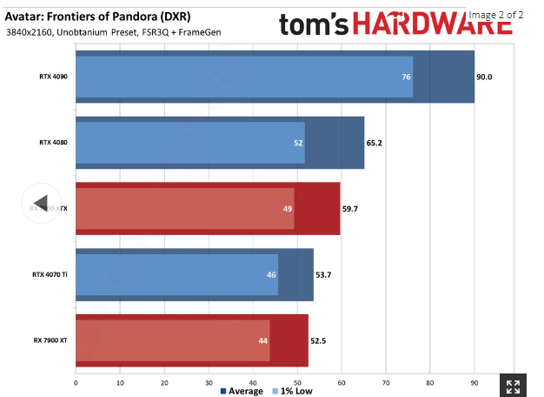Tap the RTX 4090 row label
pyautogui.click(x=53, y=77)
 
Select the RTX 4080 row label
pyautogui.click(x=53, y=142)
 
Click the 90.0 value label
pyautogui.click(x=485, y=77)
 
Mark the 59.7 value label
pyautogui.click(x=350, y=208)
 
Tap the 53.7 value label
pyautogui.click(x=323, y=273)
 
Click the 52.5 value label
pyautogui.click(x=318, y=340)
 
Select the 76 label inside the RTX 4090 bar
pyautogui.click(x=406, y=77)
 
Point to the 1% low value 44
pyautogui.click(x=262, y=340)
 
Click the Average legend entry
pyautogui.click(x=243, y=391)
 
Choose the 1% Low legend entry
pyautogui.click(x=295, y=391)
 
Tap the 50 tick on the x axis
pyautogui.click(x=297, y=380)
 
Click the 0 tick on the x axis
pyautogui.click(x=76, y=380)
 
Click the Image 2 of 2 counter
pyautogui.click(x=495, y=15)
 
